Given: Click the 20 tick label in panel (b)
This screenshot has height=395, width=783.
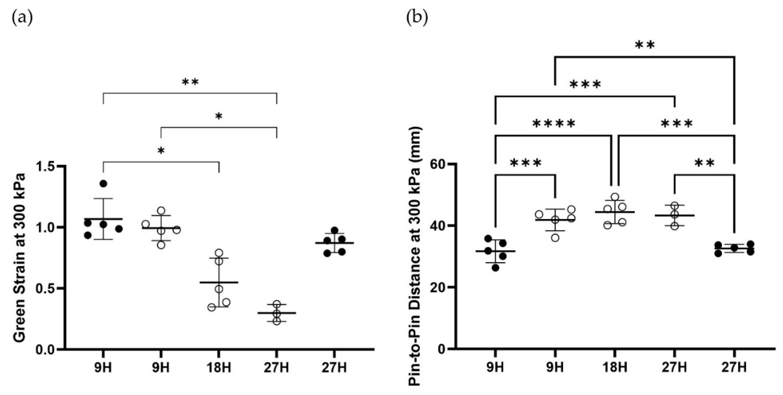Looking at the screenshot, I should point(438,287).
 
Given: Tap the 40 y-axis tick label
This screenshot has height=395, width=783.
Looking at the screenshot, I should point(438,226).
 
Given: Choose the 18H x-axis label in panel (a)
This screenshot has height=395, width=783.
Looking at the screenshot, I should point(219,368).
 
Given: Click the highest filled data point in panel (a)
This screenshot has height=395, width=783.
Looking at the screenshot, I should point(103,183).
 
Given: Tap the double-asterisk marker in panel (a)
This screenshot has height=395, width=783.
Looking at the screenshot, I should point(190,82).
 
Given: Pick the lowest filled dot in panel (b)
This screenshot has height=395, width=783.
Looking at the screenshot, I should point(495,268).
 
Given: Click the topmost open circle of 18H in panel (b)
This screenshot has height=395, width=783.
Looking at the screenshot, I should point(615,197).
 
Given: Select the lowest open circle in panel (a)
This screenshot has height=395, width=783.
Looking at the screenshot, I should point(277,321).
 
